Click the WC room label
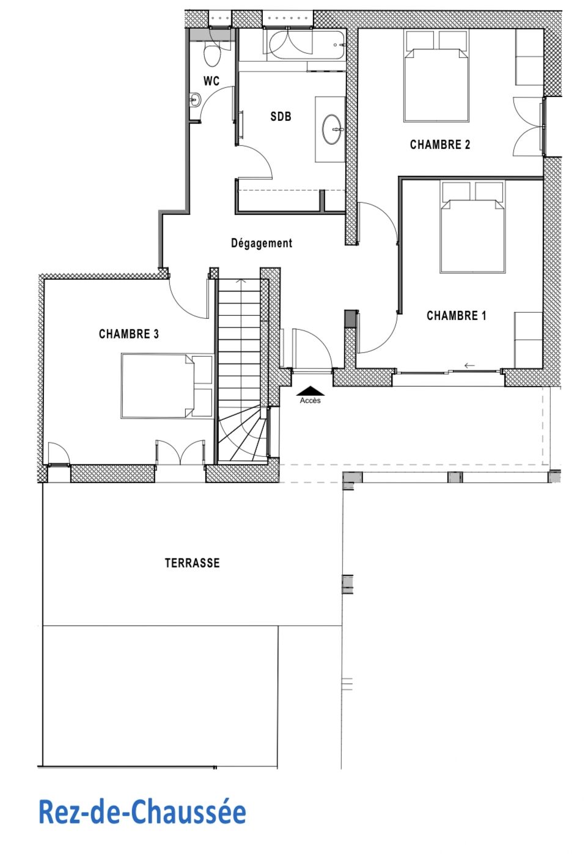pyautogui.click(x=212, y=81)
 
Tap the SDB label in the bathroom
pyautogui.click(x=281, y=116)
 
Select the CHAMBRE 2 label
pyautogui.click(x=440, y=145)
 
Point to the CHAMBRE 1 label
pyautogui.click(x=457, y=315)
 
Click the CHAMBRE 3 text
pyautogui.click(x=128, y=334)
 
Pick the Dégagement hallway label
pyautogui.click(x=262, y=243)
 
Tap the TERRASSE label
pyautogui.click(x=193, y=563)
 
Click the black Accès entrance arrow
pyautogui.click(x=311, y=391)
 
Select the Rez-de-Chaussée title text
pyautogui.click(x=142, y=812)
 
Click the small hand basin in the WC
pyautogui.click(x=195, y=100)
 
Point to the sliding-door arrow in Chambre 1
pyautogui.click(x=469, y=366)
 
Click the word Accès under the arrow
pyautogui.click(x=311, y=400)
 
